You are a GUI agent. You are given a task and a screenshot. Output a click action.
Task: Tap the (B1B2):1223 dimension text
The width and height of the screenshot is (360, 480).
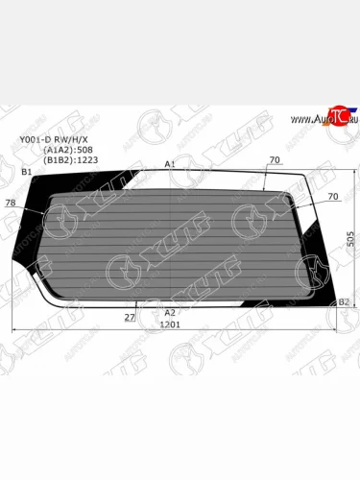[x=70, y=159]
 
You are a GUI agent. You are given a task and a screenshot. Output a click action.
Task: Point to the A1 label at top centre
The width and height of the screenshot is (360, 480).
[x=169, y=164]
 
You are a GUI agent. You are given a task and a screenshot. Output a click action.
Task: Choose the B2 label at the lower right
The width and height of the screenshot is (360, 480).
[x=344, y=302]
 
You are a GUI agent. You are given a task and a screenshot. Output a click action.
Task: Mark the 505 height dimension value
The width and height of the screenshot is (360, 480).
[x=351, y=237]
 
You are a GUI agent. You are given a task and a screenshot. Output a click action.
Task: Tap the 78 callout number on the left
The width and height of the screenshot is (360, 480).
[x=11, y=203]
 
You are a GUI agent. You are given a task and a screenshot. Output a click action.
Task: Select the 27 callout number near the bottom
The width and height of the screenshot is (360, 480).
[x=129, y=315]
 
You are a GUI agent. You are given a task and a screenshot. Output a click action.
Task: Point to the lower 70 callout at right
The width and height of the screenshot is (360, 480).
[x=333, y=197]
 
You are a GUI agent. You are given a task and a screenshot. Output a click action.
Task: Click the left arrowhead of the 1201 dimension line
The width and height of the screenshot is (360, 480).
[x=14, y=331]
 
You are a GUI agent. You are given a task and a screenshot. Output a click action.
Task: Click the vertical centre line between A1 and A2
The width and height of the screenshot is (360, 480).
[x=171, y=240]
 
